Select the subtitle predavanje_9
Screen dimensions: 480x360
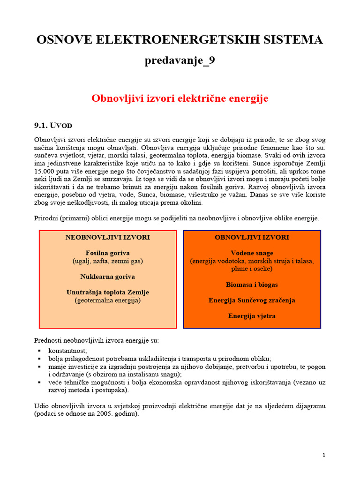click(x=180, y=60)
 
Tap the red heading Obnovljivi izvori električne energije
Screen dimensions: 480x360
click(x=180, y=98)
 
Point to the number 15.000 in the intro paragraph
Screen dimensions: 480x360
click(x=45, y=171)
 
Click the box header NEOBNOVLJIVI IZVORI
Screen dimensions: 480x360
click(x=107, y=238)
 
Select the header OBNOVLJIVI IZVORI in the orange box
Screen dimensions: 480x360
click(x=252, y=238)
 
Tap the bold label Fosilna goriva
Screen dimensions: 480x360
click(x=107, y=253)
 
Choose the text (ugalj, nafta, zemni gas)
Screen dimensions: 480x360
click(x=107, y=261)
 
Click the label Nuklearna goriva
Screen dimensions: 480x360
click(x=107, y=277)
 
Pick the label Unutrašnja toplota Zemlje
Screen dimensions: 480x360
click(x=107, y=292)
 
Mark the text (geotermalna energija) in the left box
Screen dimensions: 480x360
click(x=107, y=300)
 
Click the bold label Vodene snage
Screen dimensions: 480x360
click(x=252, y=253)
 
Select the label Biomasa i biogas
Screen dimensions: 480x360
click(x=252, y=285)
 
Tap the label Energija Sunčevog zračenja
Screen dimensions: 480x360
click(x=252, y=300)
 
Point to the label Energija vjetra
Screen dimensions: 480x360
click(x=252, y=316)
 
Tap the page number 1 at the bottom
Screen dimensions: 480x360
click(x=323, y=455)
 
